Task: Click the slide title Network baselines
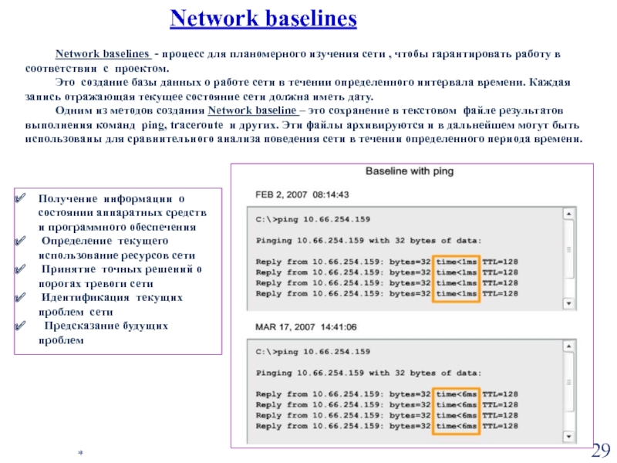[263, 19]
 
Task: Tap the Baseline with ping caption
[409, 171]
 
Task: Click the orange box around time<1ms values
[457, 277]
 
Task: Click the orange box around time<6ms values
[457, 410]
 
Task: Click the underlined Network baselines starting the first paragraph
[102, 56]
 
